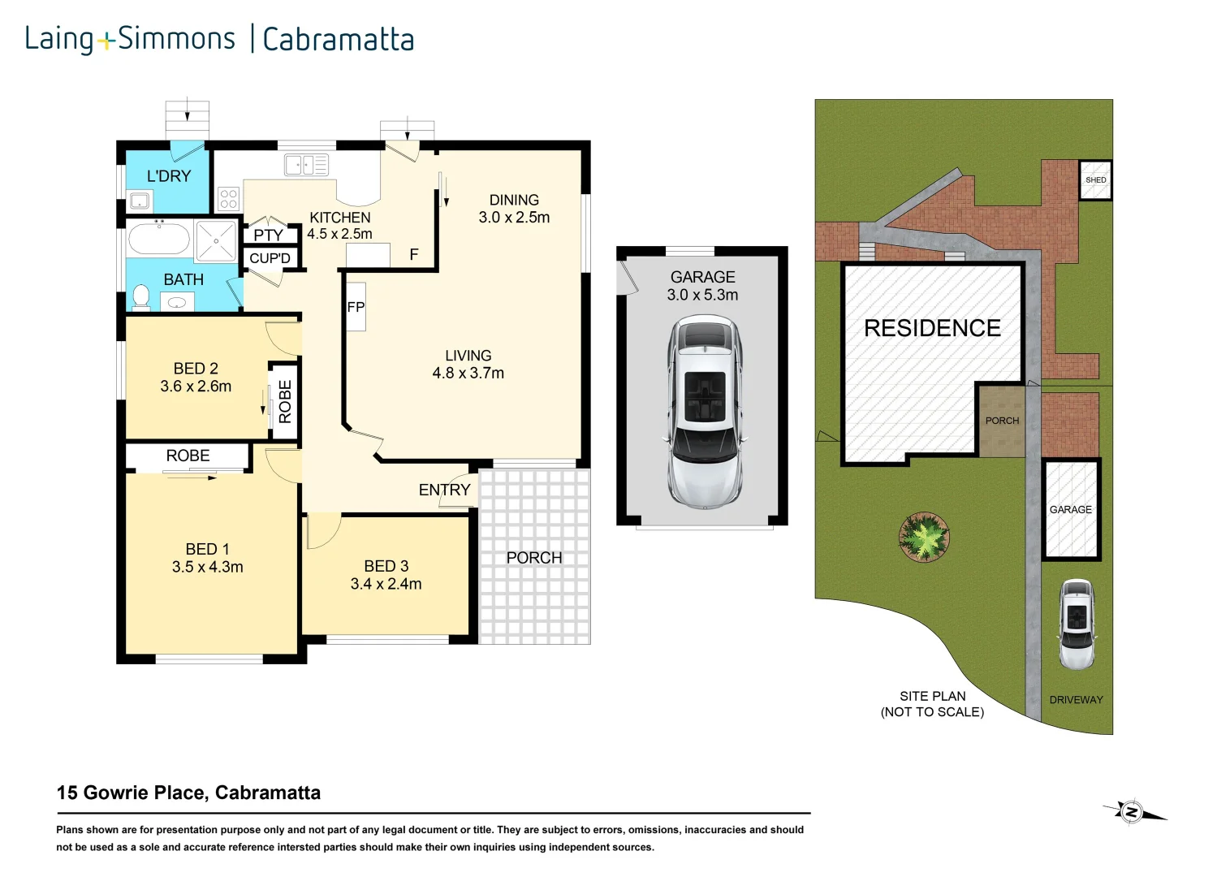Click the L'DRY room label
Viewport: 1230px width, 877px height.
(x=169, y=176)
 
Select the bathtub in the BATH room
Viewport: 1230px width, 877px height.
(x=159, y=240)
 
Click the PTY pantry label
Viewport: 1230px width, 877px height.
(x=268, y=235)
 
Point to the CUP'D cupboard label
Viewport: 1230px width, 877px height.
(x=270, y=258)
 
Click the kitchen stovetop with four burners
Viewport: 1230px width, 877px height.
(x=228, y=198)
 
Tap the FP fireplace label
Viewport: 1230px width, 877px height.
(x=356, y=307)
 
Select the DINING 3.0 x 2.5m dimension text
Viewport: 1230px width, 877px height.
(x=514, y=217)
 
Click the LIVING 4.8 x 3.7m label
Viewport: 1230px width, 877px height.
(x=468, y=365)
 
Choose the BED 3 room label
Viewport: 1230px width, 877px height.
(x=386, y=566)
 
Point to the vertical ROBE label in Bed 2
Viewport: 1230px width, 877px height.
(x=285, y=402)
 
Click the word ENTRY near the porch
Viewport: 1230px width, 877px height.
(x=444, y=490)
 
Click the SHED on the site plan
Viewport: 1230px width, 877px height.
(x=1095, y=179)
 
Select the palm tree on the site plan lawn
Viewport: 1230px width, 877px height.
(x=924, y=536)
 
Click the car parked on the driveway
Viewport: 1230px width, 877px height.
(x=1077, y=624)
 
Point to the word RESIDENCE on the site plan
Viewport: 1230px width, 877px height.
(x=932, y=328)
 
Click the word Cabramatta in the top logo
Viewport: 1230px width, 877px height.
(x=338, y=39)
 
